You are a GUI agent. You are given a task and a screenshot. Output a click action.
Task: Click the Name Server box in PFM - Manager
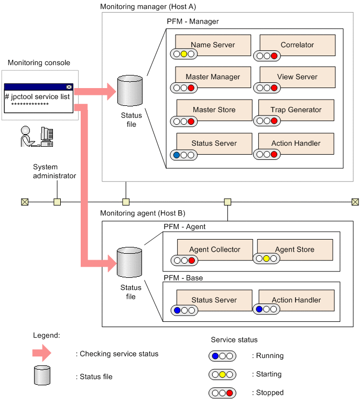tap(213, 45)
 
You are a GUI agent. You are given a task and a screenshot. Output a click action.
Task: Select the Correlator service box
tap(297, 45)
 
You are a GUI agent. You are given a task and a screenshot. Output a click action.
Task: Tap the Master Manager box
tap(213, 77)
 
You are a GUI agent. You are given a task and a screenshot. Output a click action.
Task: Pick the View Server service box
tap(297, 77)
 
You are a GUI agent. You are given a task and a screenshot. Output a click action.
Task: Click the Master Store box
tap(214, 110)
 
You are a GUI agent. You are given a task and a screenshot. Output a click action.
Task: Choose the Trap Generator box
tap(296, 110)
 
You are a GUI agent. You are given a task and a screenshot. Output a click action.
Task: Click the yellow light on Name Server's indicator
tap(184, 53)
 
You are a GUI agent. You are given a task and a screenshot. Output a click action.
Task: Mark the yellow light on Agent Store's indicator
tap(266, 258)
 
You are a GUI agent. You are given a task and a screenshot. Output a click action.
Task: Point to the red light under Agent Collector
tap(192, 260)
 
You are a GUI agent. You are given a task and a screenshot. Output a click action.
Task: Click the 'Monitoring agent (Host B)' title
tap(143, 214)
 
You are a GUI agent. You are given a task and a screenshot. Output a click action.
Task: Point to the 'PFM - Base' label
tap(183, 277)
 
